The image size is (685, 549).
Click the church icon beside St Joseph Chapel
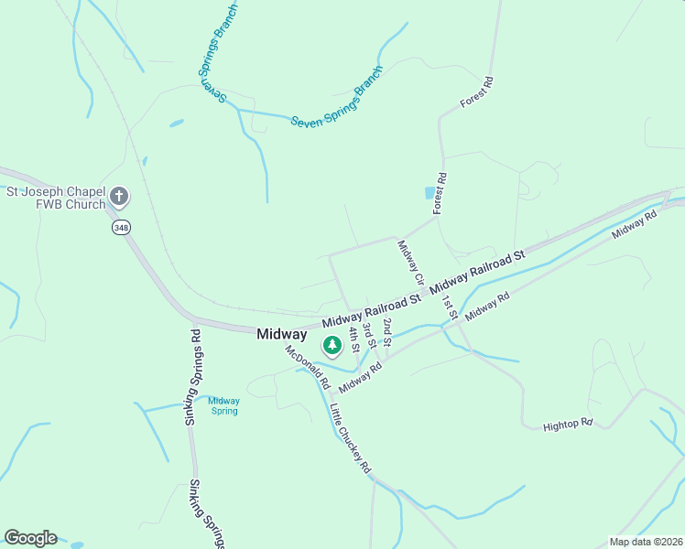pos(119,196)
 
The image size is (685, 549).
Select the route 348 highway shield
pos(120,226)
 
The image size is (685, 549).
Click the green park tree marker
pos(332,346)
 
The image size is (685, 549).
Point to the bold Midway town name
pos(282,335)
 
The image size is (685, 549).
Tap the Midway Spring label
pos(223,405)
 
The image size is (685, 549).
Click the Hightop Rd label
pos(568,425)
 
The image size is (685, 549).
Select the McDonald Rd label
pos(301,362)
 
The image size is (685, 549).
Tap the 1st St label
pos(449,307)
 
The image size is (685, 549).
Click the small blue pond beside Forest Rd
pos(429,193)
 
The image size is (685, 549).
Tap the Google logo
pos(30,538)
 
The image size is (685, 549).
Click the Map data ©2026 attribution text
pos(645,542)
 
